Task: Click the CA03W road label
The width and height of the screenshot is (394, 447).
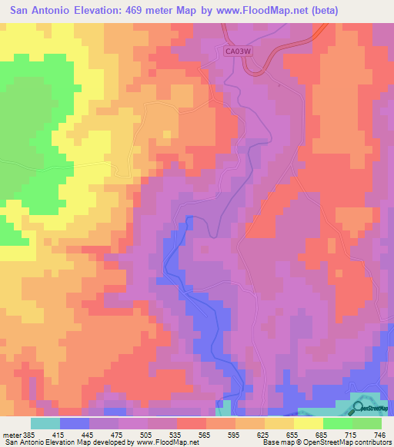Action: [x=239, y=51]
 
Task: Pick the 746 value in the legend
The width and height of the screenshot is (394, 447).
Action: [x=381, y=435]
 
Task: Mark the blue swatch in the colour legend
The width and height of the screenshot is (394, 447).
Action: [x=74, y=423]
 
